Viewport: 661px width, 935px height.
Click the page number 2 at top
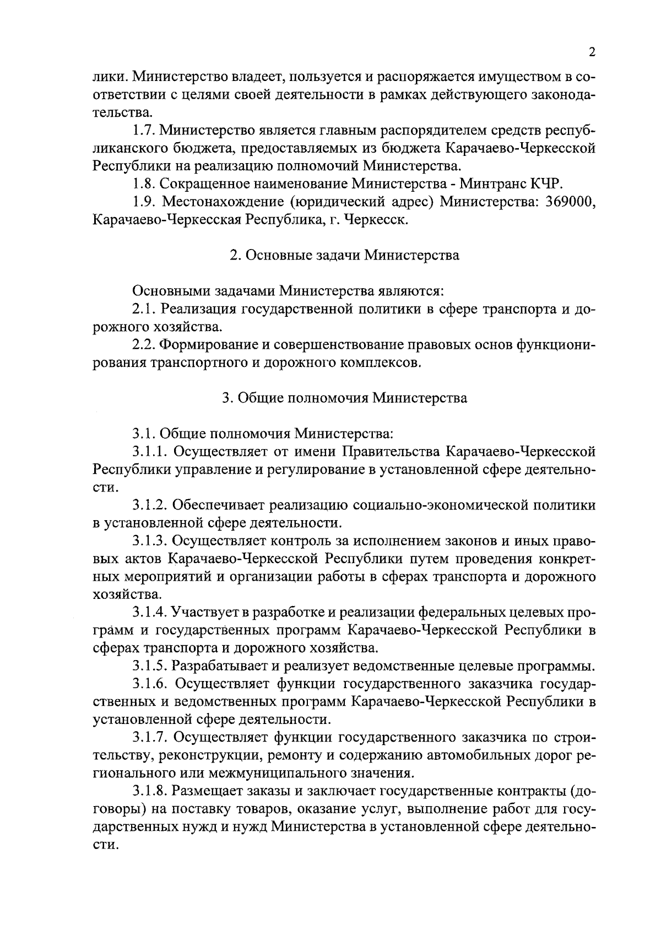(592, 52)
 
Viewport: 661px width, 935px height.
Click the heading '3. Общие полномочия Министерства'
(344, 398)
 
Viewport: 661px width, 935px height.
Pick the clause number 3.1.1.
(149, 452)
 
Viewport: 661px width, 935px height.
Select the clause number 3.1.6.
(149, 684)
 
